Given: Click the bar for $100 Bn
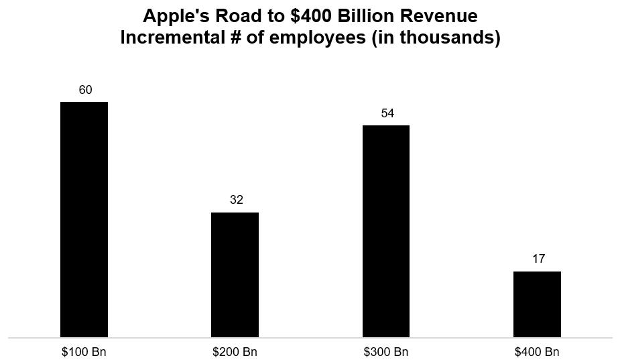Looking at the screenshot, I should click(x=84, y=219).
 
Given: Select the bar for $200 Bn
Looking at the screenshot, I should click(x=235, y=275).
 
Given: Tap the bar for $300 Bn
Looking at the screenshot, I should click(x=386, y=231).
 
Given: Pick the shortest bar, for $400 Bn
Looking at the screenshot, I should click(x=537, y=304).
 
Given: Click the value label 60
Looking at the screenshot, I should click(x=85, y=90).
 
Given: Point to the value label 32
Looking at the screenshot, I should click(x=236, y=200).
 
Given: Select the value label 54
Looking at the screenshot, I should click(x=387, y=113).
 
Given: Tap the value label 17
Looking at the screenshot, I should click(x=538, y=259).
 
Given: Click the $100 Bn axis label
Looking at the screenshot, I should click(x=84, y=352).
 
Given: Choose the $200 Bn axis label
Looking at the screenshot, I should click(x=235, y=352).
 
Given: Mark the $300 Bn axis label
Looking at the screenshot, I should click(x=386, y=352).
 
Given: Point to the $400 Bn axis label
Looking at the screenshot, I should click(x=537, y=352).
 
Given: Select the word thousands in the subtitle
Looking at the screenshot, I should click(x=453, y=38).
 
